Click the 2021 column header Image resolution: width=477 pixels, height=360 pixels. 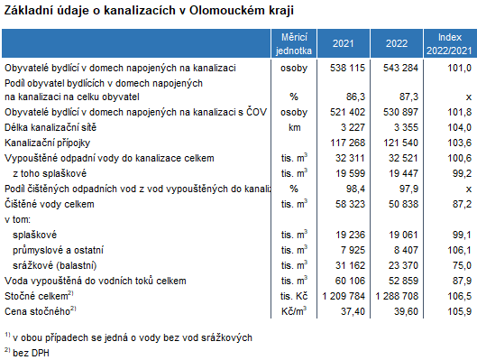(343, 42)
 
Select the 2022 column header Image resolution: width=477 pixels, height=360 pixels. (395, 42)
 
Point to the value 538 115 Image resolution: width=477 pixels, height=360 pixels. (346, 68)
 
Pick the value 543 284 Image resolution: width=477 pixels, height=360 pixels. (399, 68)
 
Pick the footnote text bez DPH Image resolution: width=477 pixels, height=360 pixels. (33, 351)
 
